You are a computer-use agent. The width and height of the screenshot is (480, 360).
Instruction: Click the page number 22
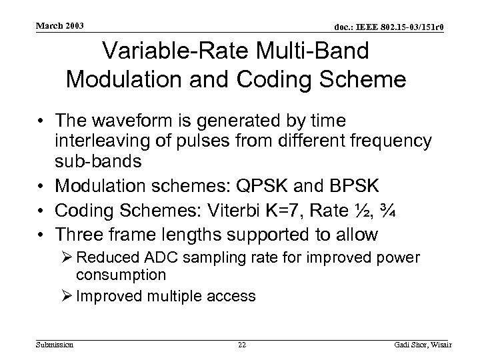[242, 344]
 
